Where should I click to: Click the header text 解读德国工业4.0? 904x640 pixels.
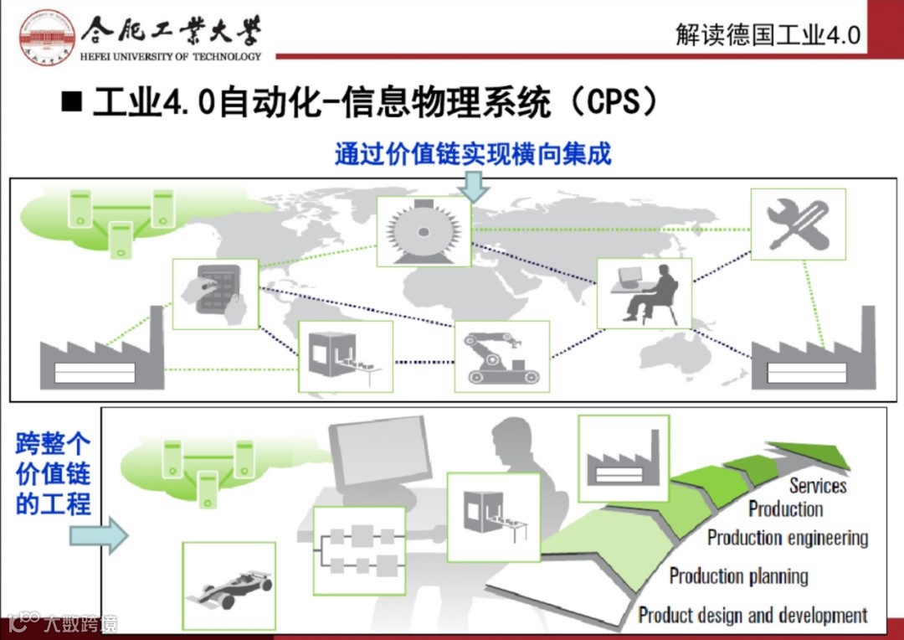768,34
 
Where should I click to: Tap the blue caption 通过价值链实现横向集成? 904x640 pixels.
473,154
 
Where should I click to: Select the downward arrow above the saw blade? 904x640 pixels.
473,185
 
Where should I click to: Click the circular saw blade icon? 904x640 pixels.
424,231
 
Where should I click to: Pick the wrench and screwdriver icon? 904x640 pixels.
798,225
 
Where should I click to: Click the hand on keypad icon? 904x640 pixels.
215,293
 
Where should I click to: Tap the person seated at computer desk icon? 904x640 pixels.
644,292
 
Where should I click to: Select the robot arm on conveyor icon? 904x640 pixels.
501,355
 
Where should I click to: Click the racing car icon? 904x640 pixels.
229,585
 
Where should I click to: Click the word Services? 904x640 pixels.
818,486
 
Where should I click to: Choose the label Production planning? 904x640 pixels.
738,576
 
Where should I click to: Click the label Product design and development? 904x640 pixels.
752,616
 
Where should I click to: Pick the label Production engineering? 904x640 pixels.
788,537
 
